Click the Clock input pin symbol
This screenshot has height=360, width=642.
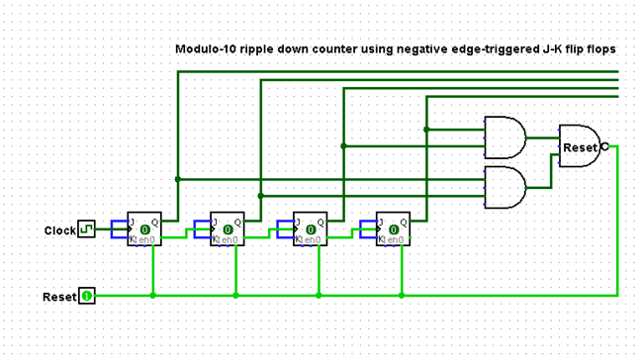pos(86,230)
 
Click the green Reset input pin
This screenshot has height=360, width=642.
pos(86,296)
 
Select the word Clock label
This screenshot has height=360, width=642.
pos(59,230)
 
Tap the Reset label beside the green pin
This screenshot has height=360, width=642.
pos(58,297)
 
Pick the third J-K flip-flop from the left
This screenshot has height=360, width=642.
pos(311,230)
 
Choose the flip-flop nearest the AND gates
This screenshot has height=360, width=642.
pos(394,230)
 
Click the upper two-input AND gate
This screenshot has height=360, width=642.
pos(504,137)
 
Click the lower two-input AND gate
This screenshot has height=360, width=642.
pos(504,187)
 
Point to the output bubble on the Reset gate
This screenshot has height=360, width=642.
pos(604,145)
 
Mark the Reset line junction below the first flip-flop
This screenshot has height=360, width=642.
pos(152,295)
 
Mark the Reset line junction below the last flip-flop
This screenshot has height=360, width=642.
pos(402,295)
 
